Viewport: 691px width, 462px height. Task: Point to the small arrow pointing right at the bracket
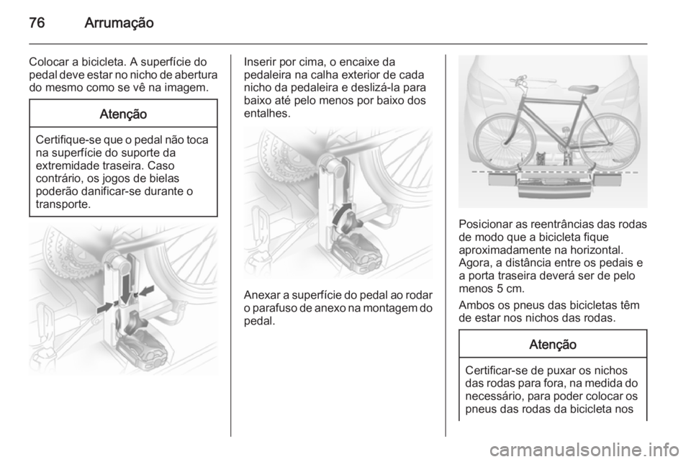click(x=104, y=307)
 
